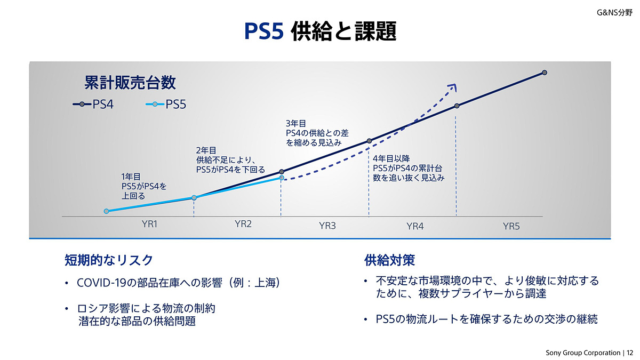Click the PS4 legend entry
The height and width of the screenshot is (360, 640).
[93, 105]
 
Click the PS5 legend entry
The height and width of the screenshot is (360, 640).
[166, 105]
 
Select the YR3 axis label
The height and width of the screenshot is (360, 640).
[327, 226]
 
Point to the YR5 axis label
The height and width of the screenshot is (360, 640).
[511, 226]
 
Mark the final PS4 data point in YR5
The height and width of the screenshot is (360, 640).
[545, 73]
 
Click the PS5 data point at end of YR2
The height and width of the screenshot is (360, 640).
[282, 178]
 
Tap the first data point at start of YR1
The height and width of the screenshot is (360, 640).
[106, 211]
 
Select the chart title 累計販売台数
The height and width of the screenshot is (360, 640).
[130, 83]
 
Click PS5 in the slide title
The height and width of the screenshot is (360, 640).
[264, 31]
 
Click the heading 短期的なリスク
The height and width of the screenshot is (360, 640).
[109, 260]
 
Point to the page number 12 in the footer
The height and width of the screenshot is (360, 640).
[630, 353]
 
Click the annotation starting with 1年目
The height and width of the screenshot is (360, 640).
[144, 186]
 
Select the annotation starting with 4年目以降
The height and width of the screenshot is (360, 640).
[409, 168]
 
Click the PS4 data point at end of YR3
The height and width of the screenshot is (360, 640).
[369, 141]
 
